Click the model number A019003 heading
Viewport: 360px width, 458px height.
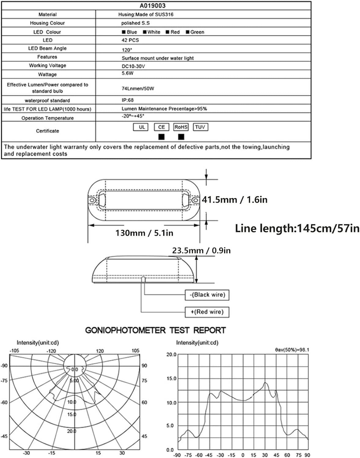coord(157,5)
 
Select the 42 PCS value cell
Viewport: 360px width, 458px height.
coord(130,40)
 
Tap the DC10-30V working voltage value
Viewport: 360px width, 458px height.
coord(133,66)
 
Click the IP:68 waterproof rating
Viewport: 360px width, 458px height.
coord(127,100)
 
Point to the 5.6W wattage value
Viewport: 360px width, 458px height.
coord(127,73)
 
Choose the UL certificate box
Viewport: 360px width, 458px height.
coord(141,127)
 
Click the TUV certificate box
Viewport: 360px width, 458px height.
coord(200,127)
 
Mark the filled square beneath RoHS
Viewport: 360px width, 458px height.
coord(181,137)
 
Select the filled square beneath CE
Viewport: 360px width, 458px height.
coord(161,137)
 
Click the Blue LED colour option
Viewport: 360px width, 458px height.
coord(130,32)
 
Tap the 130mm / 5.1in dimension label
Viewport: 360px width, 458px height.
coord(144,233)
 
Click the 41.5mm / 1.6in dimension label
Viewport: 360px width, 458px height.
coord(234,200)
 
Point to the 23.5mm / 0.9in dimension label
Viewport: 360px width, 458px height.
coord(201,251)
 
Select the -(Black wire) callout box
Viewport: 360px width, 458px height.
coord(207,295)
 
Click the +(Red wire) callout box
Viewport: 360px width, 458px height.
coord(207,312)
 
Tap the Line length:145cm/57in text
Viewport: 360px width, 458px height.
coord(297,228)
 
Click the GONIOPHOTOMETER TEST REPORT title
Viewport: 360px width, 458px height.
coord(155,330)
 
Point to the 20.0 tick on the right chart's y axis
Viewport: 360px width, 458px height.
coord(171,354)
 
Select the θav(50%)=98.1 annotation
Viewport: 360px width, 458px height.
coord(292,350)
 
